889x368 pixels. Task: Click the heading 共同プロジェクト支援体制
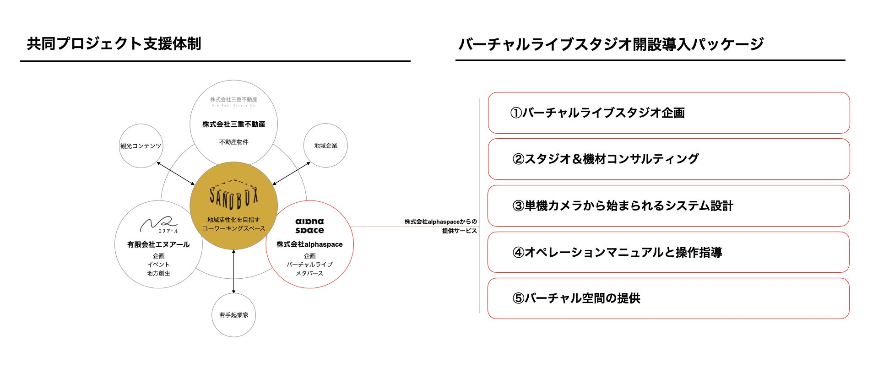point(114,44)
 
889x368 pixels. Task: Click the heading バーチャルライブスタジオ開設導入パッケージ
point(611,44)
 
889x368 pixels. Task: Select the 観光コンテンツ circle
point(141,146)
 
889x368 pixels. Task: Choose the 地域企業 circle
point(325,146)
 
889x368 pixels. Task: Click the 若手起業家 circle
point(233,315)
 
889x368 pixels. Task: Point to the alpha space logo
point(309,226)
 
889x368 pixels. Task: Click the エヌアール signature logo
point(158,225)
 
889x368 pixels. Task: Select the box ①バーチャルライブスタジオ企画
point(668,113)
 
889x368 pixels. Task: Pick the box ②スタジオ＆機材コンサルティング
point(668,159)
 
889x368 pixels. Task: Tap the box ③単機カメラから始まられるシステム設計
point(668,206)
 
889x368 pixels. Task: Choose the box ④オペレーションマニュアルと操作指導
point(668,253)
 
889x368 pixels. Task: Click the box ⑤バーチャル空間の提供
point(668,298)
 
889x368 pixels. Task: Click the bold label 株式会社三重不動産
point(234,124)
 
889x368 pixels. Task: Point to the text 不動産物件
point(234,142)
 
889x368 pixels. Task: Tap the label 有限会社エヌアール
point(158,244)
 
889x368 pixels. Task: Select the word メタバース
point(309,273)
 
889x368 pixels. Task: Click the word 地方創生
point(158,273)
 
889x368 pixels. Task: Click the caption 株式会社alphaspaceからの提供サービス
point(440,226)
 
